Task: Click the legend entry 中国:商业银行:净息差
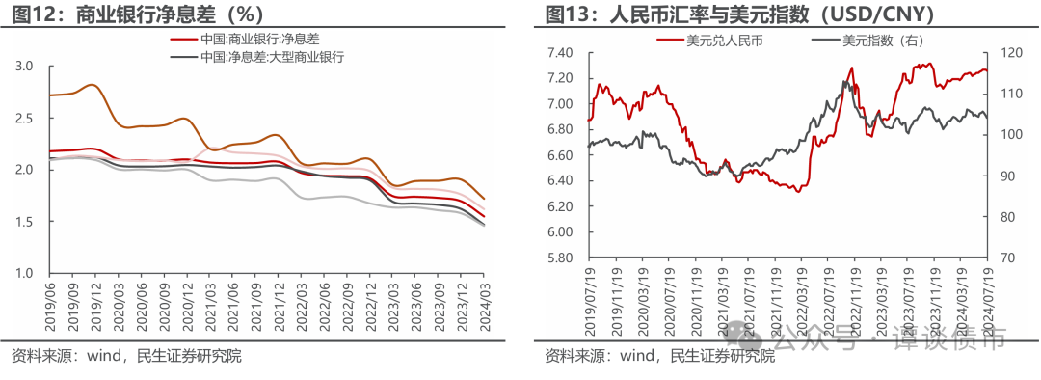260,40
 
